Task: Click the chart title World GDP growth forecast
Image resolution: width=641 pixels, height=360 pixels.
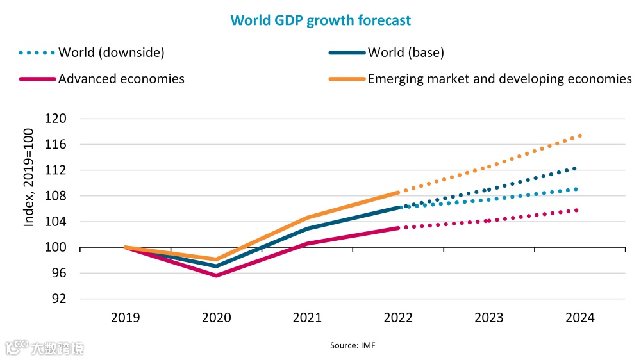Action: pyautogui.click(x=320, y=20)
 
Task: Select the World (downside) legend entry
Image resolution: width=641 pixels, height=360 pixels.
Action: pyautogui.click(x=111, y=53)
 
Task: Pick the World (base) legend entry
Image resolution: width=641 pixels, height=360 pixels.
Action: pyautogui.click(x=406, y=53)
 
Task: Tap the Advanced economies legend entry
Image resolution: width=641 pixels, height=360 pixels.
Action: pyautogui.click(x=121, y=79)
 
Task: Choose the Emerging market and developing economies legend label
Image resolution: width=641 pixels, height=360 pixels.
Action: pyautogui.click(x=499, y=79)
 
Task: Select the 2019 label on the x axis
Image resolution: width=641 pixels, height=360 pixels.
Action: pyautogui.click(x=125, y=318)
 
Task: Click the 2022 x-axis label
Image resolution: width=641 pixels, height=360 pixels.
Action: pyautogui.click(x=399, y=318)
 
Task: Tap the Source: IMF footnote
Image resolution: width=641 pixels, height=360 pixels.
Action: pyautogui.click(x=353, y=345)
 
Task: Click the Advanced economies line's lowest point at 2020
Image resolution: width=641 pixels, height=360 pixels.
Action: pyautogui.click(x=216, y=275)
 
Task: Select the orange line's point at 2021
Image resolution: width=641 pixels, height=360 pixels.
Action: pyautogui.click(x=307, y=218)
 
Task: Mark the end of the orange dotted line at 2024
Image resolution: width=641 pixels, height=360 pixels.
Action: pyautogui.click(x=579, y=135)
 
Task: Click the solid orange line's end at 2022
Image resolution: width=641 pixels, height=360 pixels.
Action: pyautogui.click(x=398, y=192)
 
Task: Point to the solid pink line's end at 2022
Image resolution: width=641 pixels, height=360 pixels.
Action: pyautogui.click(x=398, y=228)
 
